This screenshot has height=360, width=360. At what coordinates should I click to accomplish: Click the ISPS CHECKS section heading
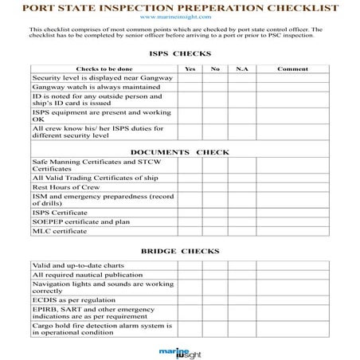pos(180,54)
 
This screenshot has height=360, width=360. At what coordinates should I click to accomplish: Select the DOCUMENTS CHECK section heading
pos(179,151)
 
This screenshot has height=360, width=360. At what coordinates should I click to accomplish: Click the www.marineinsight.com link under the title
pos(179,16)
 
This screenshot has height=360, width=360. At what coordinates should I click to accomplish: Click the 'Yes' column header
pos(190,68)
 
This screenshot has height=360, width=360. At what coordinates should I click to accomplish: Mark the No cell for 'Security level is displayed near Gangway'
pos(215,78)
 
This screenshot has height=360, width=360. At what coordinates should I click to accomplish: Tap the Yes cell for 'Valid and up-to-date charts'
pos(190,265)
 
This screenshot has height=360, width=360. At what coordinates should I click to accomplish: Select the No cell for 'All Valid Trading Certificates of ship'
pos(215,178)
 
